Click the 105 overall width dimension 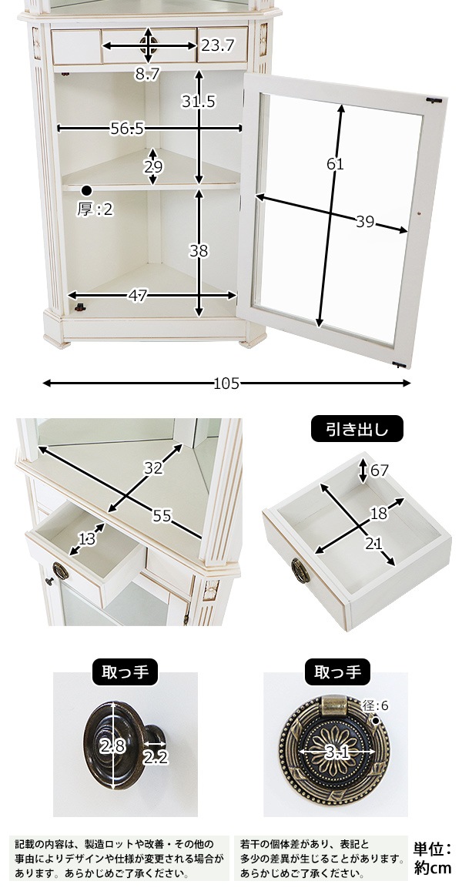[226, 384]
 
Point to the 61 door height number [335, 164]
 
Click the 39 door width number [365, 222]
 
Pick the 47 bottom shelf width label [138, 296]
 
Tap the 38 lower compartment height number [199, 250]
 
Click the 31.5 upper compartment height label [199, 101]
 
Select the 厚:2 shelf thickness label [95, 209]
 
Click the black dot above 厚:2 [86, 190]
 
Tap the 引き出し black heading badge [357, 429]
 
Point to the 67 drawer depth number [379, 471]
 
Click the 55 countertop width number [162, 516]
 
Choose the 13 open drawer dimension [87, 538]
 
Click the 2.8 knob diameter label [112, 746]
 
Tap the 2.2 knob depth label [155, 757]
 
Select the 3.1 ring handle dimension [336, 753]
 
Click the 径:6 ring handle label [376, 705]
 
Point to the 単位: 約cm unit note [433, 859]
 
